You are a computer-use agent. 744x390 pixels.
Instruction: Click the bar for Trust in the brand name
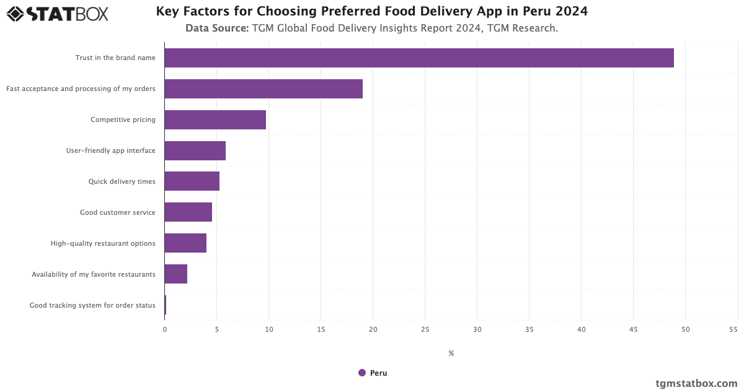pyautogui.click(x=419, y=58)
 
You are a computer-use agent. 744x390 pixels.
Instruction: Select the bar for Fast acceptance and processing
pyautogui.click(x=263, y=89)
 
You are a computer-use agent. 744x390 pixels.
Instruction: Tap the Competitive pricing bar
pyautogui.click(x=215, y=119)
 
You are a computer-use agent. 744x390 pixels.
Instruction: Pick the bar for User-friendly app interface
pyautogui.click(x=195, y=150)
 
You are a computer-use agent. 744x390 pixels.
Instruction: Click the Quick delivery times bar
pyautogui.click(x=192, y=181)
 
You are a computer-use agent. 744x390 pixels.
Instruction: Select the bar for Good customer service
pyautogui.click(x=188, y=212)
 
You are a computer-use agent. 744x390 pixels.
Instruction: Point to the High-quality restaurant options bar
pyautogui.click(x=185, y=243)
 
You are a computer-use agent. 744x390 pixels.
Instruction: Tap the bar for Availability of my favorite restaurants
pyautogui.click(x=176, y=274)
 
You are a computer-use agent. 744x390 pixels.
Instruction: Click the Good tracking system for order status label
pyautogui.click(x=92, y=305)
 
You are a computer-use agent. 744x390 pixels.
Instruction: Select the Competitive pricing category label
pyautogui.click(x=123, y=119)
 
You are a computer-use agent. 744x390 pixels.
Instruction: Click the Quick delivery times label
pyautogui.click(x=122, y=181)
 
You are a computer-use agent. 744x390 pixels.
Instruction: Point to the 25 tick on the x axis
pyautogui.click(x=425, y=330)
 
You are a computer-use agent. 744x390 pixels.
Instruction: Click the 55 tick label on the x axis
pyautogui.click(x=733, y=330)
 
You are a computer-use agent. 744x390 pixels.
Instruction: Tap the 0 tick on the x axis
pyautogui.click(x=165, y=330)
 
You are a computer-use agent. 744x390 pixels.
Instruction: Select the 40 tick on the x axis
pyautogui.click(x=581, y=330)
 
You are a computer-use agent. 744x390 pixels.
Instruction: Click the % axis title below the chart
pyautogui.click(x=451, y=353)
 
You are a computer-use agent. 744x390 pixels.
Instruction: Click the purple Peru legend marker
pyautogui.click(x=362, y=373)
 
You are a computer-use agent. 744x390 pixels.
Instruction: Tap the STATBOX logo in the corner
pyautogui.click(x=57, y=13)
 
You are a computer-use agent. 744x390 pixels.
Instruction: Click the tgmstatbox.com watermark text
pyautogui.click(x=696, y=383)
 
